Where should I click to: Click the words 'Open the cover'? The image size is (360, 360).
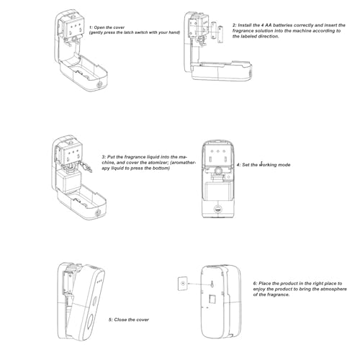[109, 27]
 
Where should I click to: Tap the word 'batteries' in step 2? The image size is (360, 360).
[283, 25]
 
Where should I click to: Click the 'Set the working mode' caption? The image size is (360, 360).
[264, 165]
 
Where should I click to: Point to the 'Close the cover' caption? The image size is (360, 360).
[129, 320]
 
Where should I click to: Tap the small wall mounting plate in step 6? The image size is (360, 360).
[183, 284]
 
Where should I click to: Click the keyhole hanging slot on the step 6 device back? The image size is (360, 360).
[212, 284]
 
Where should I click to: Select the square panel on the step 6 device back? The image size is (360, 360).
[212, 299]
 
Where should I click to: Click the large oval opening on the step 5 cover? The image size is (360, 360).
[91, 323]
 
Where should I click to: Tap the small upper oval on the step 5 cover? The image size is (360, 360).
[94, 300]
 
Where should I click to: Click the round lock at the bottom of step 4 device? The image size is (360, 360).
[218, 209]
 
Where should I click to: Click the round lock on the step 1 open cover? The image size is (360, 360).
[99, 84]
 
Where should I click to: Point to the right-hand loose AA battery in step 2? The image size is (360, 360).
[220, 35]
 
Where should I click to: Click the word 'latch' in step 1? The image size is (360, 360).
[128, 32]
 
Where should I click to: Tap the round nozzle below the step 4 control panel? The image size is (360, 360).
[218, 171]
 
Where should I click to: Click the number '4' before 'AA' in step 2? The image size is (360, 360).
[262, 25]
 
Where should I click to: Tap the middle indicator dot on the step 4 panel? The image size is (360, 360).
[218, 151]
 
